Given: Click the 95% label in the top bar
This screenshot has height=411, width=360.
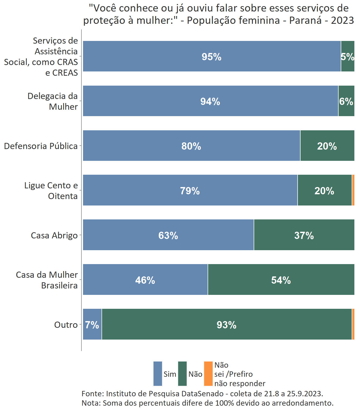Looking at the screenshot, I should [x=211, y=57].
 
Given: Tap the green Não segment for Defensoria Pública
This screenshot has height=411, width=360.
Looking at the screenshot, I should [x=327, y=146].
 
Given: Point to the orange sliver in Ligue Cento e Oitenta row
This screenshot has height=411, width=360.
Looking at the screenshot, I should [x=353, y=190].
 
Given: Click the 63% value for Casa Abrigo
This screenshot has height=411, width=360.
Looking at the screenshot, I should [x=168, y=235].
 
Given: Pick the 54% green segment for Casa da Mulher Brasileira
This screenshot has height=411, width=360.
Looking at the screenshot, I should [x=281, y=280].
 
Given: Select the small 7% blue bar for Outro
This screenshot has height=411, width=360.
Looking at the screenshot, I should [x=92, y=325].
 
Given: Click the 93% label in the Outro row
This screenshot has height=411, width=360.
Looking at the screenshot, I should [x=226, y=325].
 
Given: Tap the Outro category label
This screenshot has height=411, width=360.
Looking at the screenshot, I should [x=66, y=325].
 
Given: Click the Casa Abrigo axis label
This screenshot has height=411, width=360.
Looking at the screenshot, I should [x=54, y=235].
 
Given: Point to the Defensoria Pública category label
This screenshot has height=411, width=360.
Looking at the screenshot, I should [x=41, y=146].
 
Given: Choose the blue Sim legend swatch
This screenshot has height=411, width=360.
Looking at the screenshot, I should [x=158, y=374].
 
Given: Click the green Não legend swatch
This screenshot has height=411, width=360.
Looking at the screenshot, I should [x=182, y=374].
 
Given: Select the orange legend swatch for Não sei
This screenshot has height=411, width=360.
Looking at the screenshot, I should [x=208, y=374].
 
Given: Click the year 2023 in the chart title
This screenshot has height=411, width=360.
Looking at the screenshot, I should [x=342, y=20].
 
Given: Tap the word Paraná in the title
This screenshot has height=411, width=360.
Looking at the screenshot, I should [x=305, y=20].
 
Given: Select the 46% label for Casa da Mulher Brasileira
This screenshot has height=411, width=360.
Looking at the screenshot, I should [x=145, y=280].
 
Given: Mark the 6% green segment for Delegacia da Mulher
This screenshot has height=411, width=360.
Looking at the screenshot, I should [x=346, y=101].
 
